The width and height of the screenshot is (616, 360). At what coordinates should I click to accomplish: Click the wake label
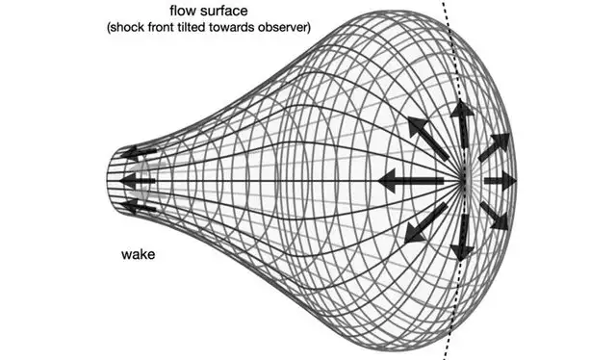point(139,255)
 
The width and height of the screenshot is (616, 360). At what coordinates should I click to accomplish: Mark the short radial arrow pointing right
point(500,180)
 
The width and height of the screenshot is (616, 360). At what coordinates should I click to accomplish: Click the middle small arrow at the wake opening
point(141,179)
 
